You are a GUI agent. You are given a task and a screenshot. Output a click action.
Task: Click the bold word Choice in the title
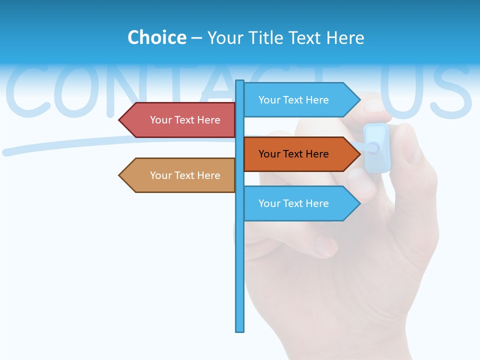pos(156,37)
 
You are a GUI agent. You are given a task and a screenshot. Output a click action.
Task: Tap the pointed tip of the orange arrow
pos(359,154)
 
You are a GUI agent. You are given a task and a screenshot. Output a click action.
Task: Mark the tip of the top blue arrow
pos(359,100)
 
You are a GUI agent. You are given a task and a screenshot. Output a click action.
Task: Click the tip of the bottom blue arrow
pos(359,203)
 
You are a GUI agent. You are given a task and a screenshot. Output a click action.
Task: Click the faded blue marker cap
pos(377,147)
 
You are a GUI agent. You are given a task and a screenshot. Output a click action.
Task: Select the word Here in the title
pos(345,37)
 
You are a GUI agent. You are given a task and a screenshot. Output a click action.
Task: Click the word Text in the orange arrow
pos(293,154)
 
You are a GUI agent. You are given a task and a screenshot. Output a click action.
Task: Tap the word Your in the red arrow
pos(160,120)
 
